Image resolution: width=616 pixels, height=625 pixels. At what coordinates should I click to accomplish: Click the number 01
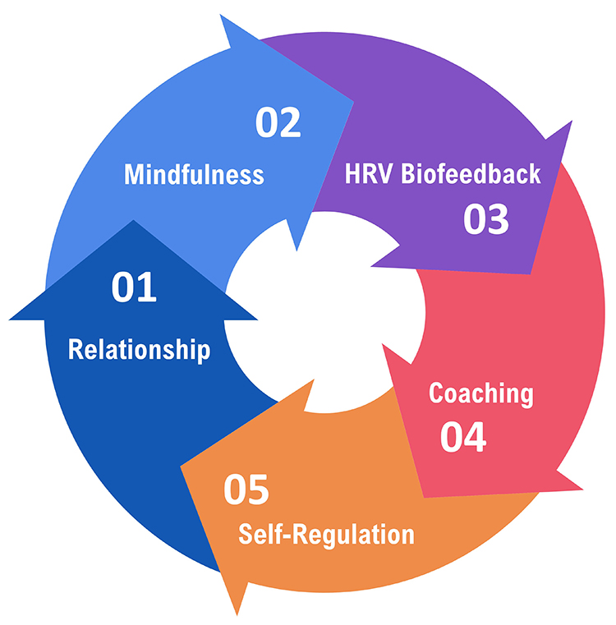pos(134,288)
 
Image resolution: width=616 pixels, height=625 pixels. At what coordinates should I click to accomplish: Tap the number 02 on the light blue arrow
pos(278,122)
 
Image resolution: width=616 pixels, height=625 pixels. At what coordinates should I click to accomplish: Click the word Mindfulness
pos(194,174)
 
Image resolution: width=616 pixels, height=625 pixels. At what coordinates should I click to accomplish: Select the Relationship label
pos(139,349)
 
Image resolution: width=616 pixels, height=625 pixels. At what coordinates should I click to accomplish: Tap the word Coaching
pos(481,393)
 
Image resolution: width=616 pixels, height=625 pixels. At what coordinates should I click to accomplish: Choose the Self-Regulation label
pos(326,535)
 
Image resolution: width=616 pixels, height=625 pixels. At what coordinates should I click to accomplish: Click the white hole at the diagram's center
pos(324,312)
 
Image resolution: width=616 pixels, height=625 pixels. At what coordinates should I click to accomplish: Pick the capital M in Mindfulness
pos(133,174)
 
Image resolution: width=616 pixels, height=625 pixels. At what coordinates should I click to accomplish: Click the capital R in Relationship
pos(74,349)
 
